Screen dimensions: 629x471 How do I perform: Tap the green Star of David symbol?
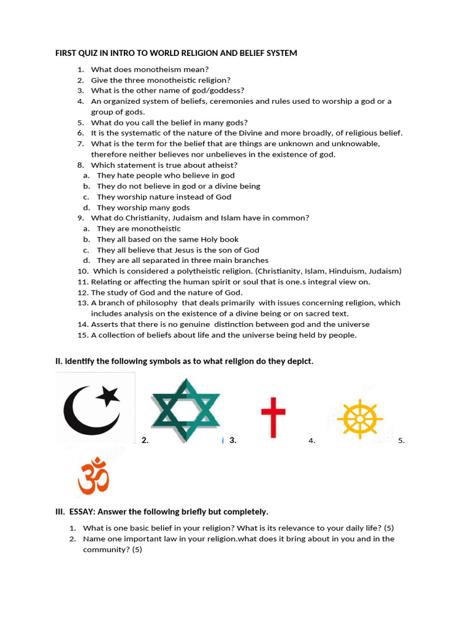[x=185, y=410]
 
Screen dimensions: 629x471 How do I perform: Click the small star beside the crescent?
[x=110, y=394]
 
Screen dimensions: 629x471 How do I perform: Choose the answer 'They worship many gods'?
[x=143, y=208]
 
